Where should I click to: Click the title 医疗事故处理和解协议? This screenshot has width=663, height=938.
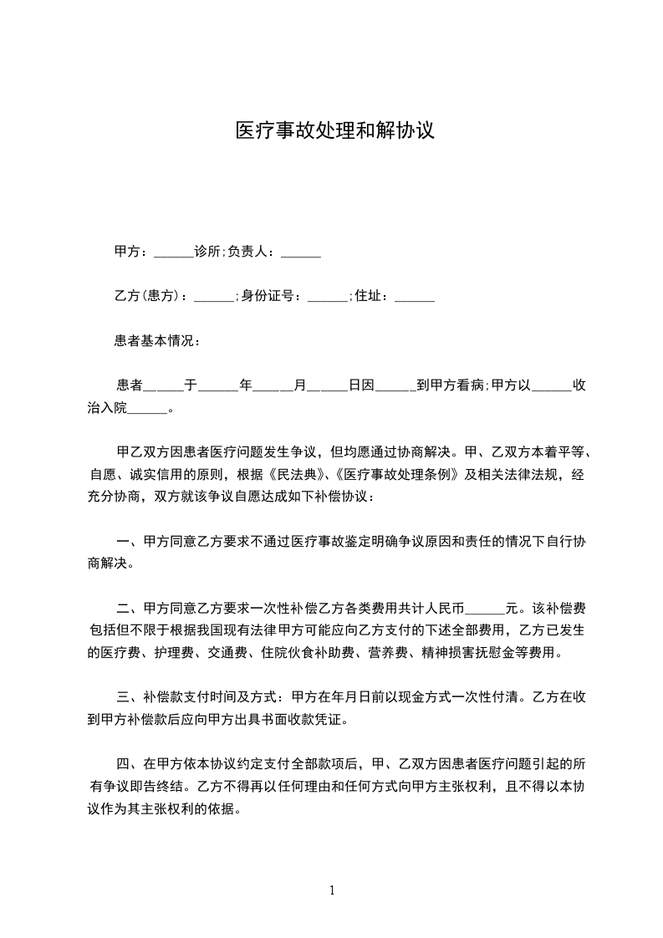[x=334, y=131]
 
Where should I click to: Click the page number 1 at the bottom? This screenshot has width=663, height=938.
[x=332, y=890]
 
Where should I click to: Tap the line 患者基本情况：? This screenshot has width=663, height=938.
[x=156, y=341]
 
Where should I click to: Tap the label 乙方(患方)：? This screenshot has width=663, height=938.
[x=151, y=296]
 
